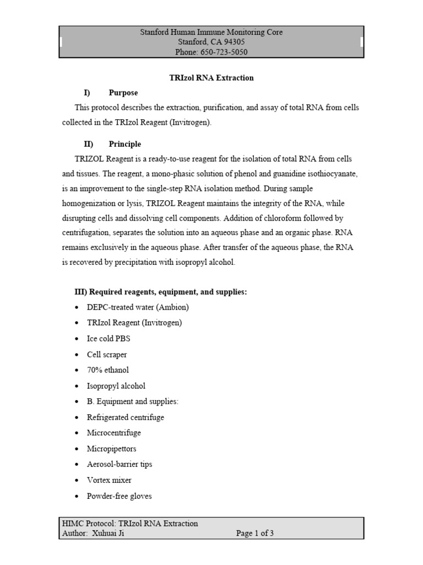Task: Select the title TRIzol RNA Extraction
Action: [x=211, y=78]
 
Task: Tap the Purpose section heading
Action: [x=123, y=93]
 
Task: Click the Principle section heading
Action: [x=124, y=144]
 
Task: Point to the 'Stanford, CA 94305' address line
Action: [x=211, y=42]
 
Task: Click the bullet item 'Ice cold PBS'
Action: [x=109, y=339]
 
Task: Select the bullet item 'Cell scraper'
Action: [x=106, y=355]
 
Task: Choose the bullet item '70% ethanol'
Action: [x=107, y=370]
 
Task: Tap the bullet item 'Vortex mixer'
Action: [x=109, y=480]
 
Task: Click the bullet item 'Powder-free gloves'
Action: [x=119, y=496]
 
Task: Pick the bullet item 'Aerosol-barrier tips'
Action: [x=120, y=464]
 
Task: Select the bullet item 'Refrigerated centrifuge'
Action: [x=125, y=417]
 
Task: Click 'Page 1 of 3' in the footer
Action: [x=255, y=533]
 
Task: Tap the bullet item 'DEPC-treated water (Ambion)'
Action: [x=138, y=307]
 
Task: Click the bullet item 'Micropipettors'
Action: [x=111, y=449]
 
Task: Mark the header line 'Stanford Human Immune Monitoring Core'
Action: [x=211, y=32]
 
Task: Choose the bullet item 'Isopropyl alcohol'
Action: [x=116, y=386]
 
